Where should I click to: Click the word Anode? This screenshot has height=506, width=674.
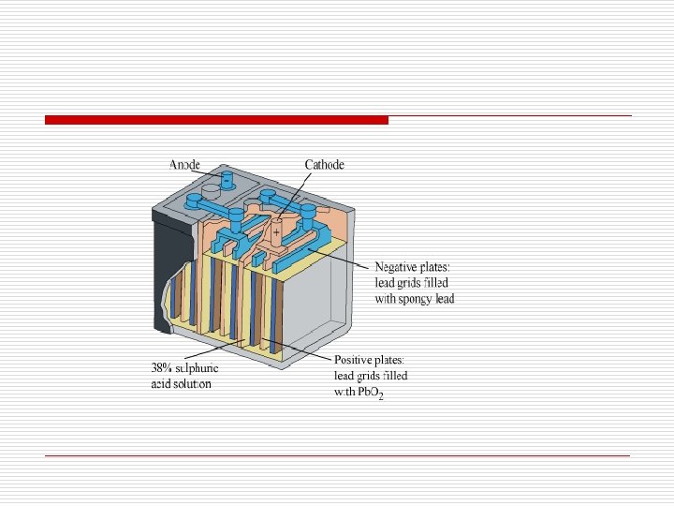(x=185, y=165)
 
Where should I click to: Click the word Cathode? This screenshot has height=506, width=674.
(x=324, y=165)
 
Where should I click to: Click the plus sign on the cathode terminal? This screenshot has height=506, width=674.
(x=276, y=231)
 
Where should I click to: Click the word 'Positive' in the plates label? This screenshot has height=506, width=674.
(x=357, y=359)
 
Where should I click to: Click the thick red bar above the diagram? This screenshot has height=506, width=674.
(x=216, y=120)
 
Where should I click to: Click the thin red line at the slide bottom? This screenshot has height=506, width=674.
(x=337, y=455)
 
